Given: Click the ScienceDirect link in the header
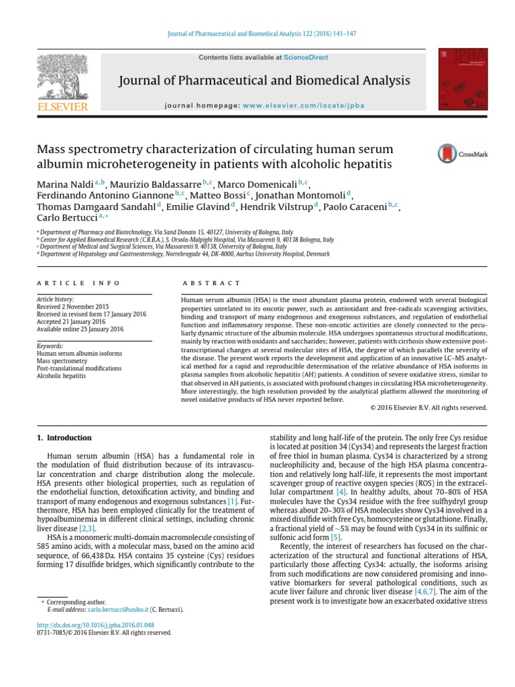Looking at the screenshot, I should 306,58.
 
